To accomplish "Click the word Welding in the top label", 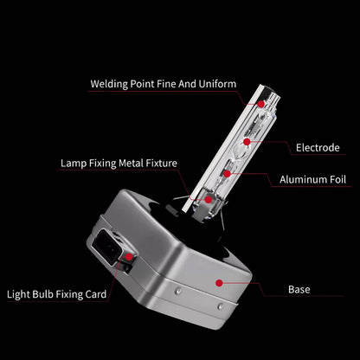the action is [109, 84].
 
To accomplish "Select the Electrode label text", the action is [318, 148].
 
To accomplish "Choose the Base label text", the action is [299, 289].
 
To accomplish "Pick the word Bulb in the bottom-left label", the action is [43, 294].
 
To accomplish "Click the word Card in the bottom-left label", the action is [96, 294].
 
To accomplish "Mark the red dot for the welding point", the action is [260, 104].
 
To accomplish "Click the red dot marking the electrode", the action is [247, 142].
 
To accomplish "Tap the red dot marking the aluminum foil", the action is [228, 174].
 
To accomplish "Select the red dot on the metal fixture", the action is [209, 199].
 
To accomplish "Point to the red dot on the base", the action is [219, 283].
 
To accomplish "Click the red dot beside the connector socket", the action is [129, 257].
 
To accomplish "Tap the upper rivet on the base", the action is [179, 290].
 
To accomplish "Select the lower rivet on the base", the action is [220, 305].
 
